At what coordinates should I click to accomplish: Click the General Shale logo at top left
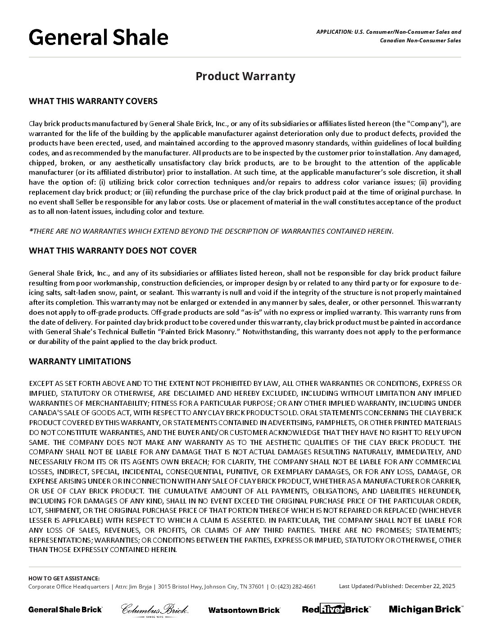[x=98, y=37]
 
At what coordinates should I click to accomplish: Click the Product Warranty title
[x=245, y=76]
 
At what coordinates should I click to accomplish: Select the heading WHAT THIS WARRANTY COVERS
[x=93, y=101]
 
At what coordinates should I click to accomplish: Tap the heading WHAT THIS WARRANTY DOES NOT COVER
[x=113, y=250]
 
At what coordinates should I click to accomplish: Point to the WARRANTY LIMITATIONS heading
[x=80, y=361]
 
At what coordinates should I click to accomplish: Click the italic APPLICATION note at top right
[x=388, y=36]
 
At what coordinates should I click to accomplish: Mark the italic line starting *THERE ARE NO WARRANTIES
[x=211, y=231]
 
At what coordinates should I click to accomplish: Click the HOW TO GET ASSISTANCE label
[x=64, y=578]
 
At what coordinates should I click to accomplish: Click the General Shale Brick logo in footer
[x=65, y=609]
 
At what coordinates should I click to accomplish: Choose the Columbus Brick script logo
[x=154, y=610]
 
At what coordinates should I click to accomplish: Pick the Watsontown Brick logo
[x=244, y=610]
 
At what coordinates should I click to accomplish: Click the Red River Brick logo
[x=336, y=609]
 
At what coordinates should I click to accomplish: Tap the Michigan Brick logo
[x=425, y=609]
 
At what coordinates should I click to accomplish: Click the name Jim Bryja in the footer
[x=138, y=586]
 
